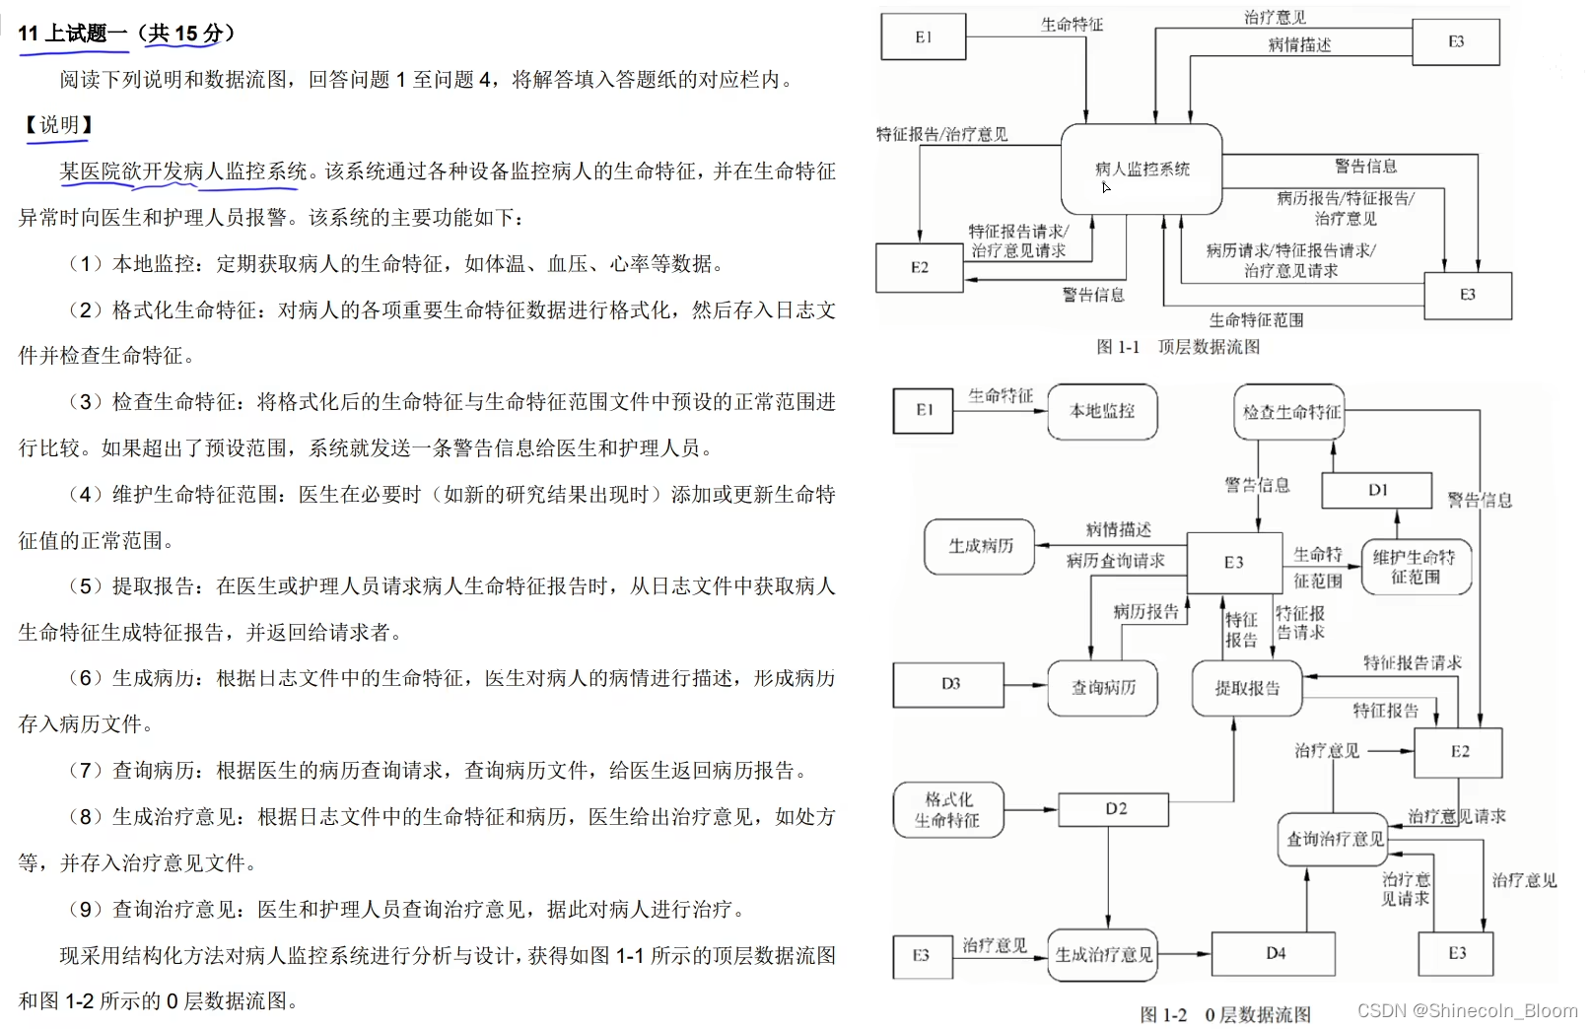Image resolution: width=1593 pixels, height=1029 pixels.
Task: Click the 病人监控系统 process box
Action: pos(1142,169)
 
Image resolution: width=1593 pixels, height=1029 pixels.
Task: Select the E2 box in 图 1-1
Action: pos(919,267)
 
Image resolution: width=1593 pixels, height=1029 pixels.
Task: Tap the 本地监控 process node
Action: pos(1102,411)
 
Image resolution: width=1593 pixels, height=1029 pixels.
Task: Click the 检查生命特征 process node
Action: pos(1291,412)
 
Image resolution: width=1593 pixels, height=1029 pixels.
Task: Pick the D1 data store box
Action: pos(1376,490)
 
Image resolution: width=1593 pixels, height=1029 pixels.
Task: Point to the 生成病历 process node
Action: pos(980,546)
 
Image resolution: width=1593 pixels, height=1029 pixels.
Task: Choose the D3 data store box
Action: pos(949,684)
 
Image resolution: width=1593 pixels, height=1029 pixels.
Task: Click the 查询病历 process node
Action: pos(1103,687)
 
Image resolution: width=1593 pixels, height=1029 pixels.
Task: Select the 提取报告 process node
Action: pos(1247,688)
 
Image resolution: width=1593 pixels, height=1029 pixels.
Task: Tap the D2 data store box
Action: pos(1114,809)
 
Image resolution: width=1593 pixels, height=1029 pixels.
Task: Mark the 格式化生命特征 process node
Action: pos(947,810)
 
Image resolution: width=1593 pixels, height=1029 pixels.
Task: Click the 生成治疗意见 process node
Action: pos(1103,954)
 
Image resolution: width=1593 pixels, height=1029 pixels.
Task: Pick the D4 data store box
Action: pos(1275,954)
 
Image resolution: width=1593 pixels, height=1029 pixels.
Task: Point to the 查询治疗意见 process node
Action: pos(1335,840)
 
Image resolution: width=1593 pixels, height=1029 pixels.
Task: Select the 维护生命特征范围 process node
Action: pos(1416,567)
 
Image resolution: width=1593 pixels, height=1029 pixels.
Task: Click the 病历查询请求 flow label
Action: pos(1115,561)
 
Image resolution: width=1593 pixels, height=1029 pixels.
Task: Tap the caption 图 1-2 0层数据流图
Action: pos(1225,1014)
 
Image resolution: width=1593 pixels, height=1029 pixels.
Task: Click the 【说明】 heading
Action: pos(58,125)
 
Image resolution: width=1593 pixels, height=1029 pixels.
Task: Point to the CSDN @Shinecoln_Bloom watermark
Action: pos(1467,1010)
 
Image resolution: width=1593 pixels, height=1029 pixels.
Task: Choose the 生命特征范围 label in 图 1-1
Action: pos(1256,320)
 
